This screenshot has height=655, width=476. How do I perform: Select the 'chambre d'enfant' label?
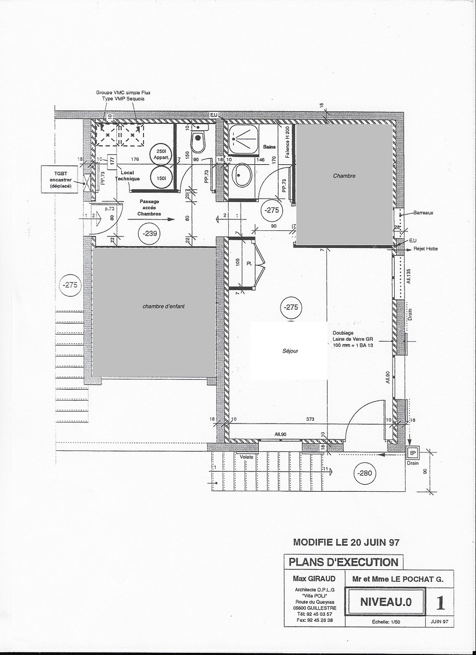click(164, 307)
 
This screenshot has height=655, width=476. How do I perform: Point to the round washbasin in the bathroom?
click(242, 176)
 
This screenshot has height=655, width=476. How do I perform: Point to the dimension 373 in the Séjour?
click(311, 419)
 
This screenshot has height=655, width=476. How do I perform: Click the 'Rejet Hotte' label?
click(426, 249)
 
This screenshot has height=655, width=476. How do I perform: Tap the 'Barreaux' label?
click(423, 213)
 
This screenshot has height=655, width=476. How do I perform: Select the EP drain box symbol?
click(413, 453)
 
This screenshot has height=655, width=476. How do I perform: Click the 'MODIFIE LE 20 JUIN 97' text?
click(347, 543)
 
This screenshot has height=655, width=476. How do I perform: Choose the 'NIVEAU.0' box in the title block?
click(385, 603)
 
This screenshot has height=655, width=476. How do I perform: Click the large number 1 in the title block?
click(441, 603)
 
